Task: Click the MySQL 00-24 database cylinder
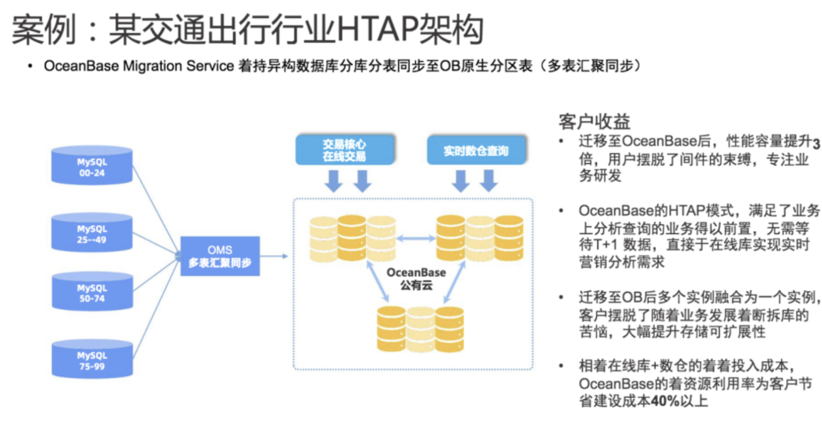coord(92,166)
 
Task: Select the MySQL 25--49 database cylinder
coord(92,233)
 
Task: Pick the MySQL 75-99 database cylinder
coord(92,359)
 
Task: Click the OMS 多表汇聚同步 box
coord(220,256)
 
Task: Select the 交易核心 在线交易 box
coord(344,150)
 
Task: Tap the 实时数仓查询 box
coord(476,150)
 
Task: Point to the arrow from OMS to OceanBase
coord(274,256)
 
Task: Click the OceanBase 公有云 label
coord(416,279)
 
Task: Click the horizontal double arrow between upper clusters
coord(416,238)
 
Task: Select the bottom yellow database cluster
coord(420,329)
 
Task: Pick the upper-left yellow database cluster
coord(352,238)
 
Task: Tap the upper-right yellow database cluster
coord(480,238)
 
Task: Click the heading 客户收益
coord(594,122)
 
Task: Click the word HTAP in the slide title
coord(377,29)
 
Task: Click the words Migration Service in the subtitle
coord(178,66)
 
